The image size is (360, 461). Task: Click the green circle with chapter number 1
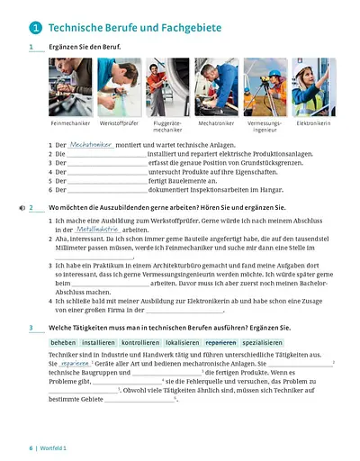tap(34, 28)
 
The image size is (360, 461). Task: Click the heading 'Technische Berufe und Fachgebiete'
tap(135, 28)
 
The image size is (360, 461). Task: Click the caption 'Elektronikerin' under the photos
tap(313, 122)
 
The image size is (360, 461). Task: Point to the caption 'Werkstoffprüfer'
tap(120, 122)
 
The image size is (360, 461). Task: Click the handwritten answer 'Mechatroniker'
tap(90, 143)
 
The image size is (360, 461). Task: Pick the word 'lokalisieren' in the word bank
tap(171, 343)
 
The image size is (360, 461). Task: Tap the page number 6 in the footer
tap(31, 447)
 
